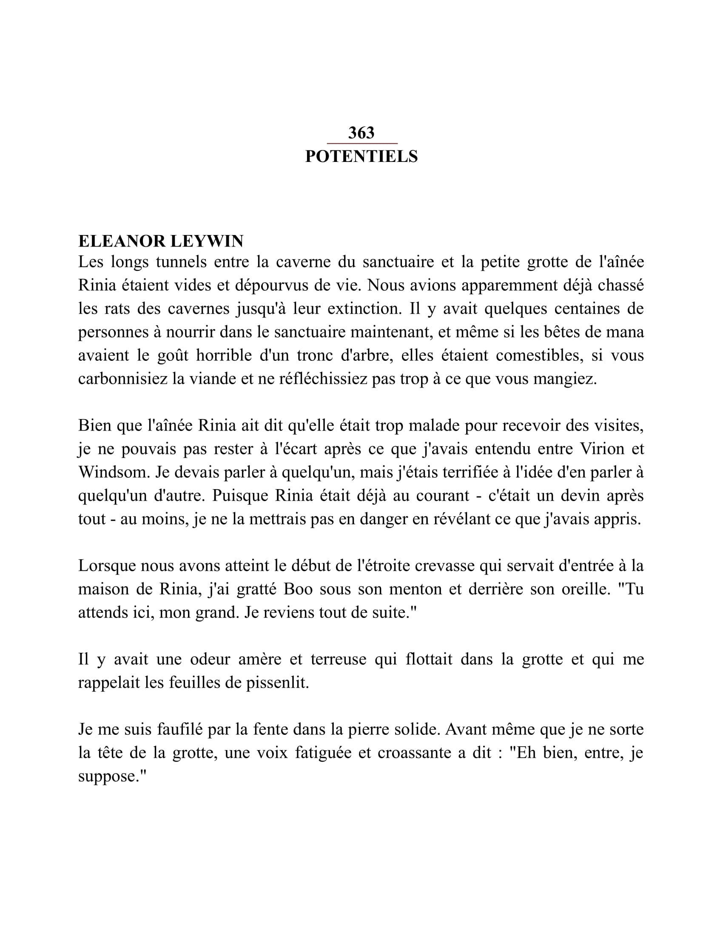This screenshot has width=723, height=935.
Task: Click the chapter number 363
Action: tap(361, 133)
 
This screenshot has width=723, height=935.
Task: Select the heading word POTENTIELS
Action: tap(361, 157)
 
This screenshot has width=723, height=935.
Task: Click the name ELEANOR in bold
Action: tap(122, 241)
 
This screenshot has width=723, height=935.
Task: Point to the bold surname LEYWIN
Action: tap(207, 241)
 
